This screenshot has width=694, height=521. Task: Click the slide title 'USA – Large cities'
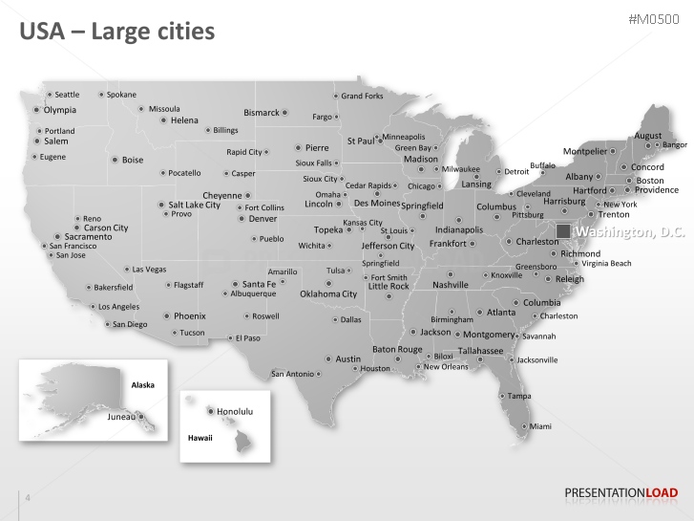(117, 32)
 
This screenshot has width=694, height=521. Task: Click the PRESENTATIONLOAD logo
(621, 493)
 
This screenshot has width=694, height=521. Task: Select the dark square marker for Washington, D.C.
(564, 232)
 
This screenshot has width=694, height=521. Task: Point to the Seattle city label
(67, 95)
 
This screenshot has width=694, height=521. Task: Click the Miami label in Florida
(540, 425)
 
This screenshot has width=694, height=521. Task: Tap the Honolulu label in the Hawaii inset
(234, 411)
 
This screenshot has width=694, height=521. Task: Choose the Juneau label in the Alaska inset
(121, 417)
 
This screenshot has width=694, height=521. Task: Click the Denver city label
(263, 219)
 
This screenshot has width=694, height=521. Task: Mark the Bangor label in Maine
(674, 145)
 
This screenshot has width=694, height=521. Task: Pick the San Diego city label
(130, 324)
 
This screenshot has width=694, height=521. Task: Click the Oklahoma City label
(328, 294)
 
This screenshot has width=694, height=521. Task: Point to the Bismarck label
(262, 113)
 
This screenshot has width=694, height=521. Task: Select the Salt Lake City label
(194, 205)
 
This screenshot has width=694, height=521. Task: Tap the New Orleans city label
(446, 367)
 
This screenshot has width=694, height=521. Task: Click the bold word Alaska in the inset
(142, 384)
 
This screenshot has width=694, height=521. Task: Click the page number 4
(28, 497)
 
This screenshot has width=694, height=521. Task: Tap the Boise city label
(133, 160)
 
